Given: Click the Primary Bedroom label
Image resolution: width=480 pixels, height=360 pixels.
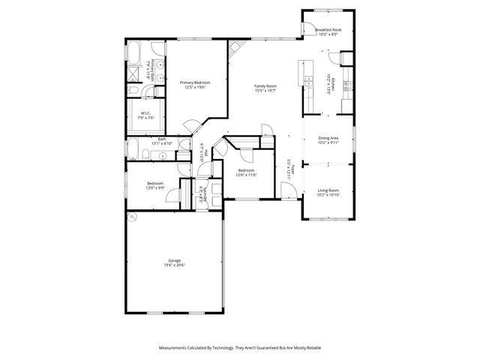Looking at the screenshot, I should pos(194,85).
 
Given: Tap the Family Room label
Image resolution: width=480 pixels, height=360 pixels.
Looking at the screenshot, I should pos(265,88).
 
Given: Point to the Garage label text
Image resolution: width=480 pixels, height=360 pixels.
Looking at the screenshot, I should pos(174,262).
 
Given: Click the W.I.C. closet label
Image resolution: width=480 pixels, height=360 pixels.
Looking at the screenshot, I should pos(145,115).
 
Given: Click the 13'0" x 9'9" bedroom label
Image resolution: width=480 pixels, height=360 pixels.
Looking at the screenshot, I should pos(155,186).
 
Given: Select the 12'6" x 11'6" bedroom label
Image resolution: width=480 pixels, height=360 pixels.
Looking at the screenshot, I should pos(247,172).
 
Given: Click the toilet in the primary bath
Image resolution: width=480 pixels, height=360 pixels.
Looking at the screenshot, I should pos(133,91).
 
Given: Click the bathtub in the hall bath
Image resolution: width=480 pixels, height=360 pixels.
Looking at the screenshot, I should pos(133,151).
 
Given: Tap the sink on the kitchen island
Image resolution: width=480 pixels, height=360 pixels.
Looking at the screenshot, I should pos(307,77).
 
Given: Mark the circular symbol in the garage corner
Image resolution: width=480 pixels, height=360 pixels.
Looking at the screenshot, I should pos(132,218).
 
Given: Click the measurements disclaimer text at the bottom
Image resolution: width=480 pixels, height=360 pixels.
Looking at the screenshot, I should pos(239,348).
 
